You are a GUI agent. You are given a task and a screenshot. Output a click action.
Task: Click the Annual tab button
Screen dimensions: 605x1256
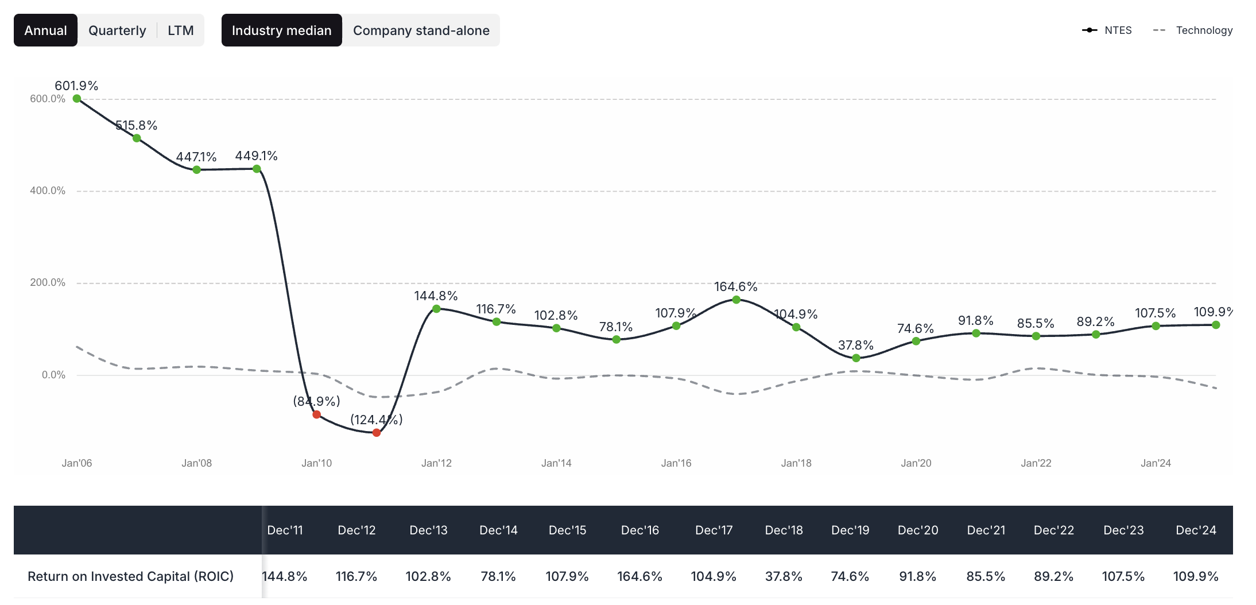coord(45,30)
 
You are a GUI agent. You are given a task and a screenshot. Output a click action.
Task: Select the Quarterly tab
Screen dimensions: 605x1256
coord(117,30)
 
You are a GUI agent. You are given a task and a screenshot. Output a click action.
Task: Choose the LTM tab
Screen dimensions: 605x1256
coord(180,30)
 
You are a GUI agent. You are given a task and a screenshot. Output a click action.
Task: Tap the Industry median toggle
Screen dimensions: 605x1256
coord(281,30)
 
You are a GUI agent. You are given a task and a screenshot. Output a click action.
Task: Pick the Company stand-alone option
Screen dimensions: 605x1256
coord(421,30)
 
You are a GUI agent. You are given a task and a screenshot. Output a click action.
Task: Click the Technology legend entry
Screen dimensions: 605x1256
coord(1193,30)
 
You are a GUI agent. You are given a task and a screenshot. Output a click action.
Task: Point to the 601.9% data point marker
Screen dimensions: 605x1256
coord(77,99)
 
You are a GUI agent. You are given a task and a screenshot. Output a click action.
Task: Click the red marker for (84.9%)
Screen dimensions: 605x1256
coord(317,414)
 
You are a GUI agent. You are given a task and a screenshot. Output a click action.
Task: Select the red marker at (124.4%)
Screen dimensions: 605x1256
coord(377,433)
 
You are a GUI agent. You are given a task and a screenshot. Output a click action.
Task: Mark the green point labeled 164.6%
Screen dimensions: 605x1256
coord(736,300)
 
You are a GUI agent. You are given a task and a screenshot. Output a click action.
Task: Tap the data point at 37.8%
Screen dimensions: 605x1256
coord(856,358)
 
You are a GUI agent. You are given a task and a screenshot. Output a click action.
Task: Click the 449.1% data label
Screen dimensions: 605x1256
coord(256,156)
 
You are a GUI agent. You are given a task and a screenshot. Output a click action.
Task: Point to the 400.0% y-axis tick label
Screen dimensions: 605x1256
coord(48,191)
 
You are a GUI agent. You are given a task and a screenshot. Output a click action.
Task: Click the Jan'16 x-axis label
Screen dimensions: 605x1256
coord(676,463)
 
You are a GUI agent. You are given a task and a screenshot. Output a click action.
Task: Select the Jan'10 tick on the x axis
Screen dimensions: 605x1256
coord(317,463)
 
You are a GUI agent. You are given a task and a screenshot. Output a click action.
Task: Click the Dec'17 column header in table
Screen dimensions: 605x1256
coord(714,530)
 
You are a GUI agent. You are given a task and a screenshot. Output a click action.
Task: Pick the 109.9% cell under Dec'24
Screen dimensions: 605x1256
coord(1195,576)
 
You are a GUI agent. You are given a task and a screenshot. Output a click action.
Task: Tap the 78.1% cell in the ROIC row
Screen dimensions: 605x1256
coord(498,576)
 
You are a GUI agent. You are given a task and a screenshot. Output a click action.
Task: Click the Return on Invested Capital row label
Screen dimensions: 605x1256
coord(130,576)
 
